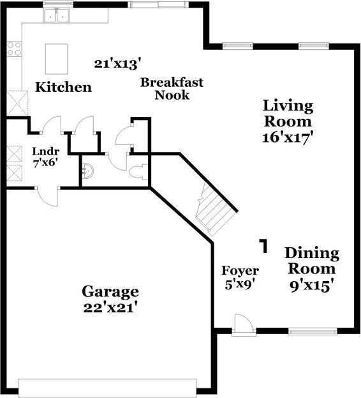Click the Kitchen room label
pyautogui.click(x=63, y=87)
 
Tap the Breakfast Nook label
pyautogui.click(x=172, y=88)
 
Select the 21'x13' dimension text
pyautogui.click(x=117, y=63)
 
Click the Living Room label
pyautogui.click(x=288, y=113)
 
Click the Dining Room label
pyautogui.click(x=311, y=259)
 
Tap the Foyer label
pyautogui.click(x=240, y=270)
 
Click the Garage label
pyautogui.click(x=110, y=292)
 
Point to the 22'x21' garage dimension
pyautogui.click(x=110, y=308)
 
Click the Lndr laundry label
pyautogui.click(x=45, y=151)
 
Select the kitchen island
pyautogui.click(x=57, y=59)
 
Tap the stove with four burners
pyautogui.click(x=14, y=48)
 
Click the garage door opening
pyautogui.click(x=107, y=388)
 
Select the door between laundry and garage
pyautogui.click(x=47, y=194)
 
